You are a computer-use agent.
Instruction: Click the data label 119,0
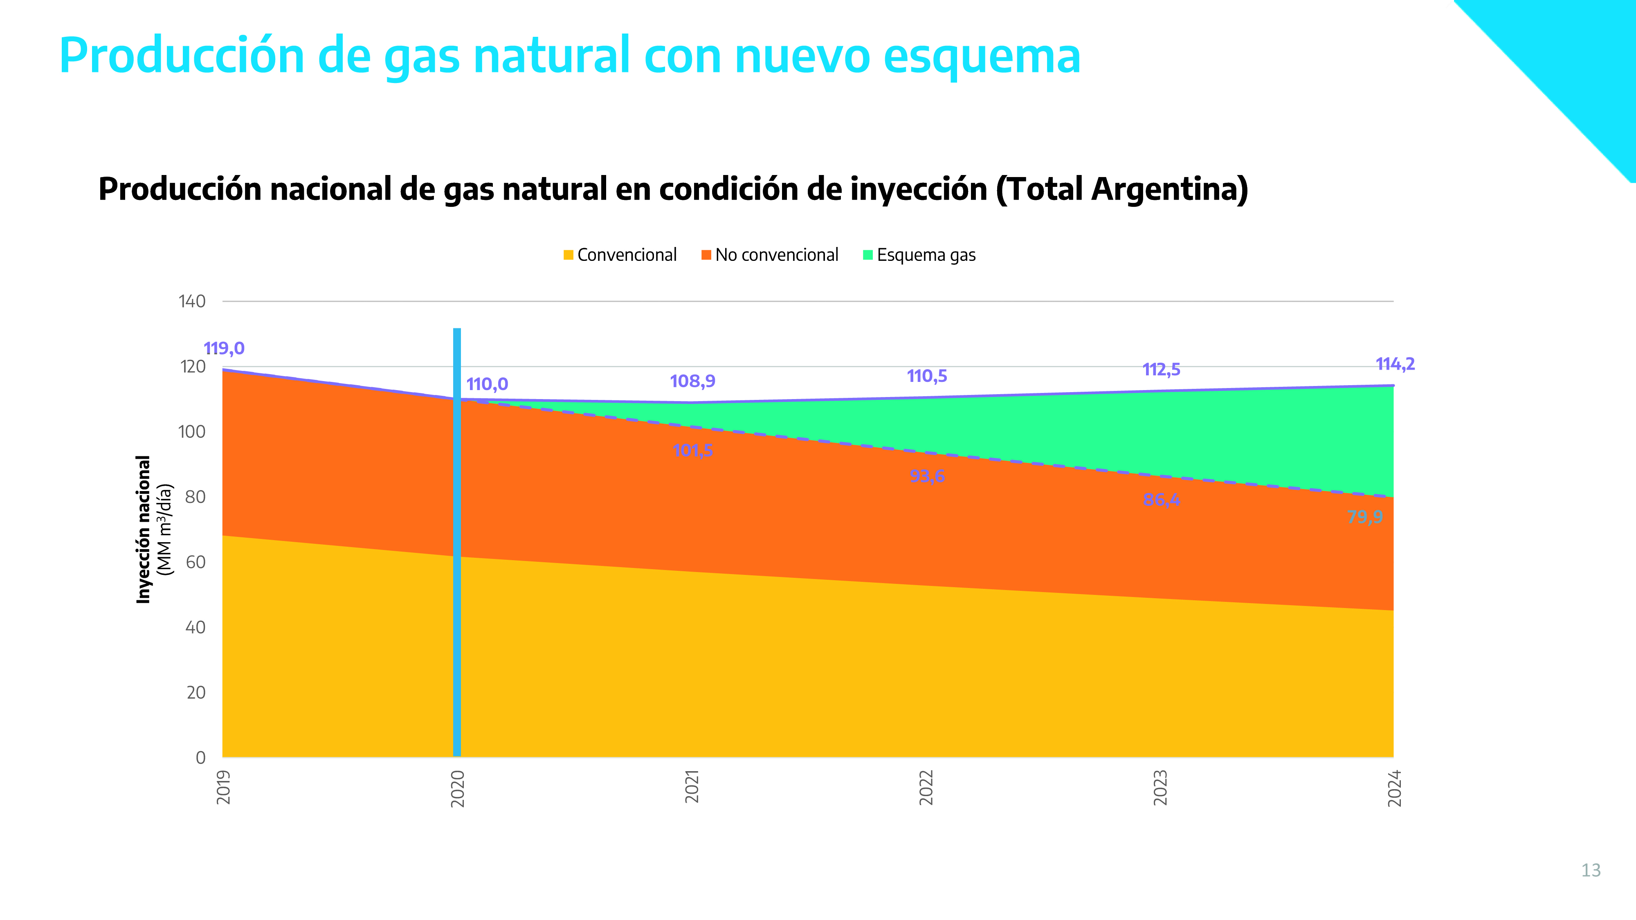[x=224, y=348]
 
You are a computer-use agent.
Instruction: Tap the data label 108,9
[x=692, y=381]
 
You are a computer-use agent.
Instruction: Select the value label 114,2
[x=1395, y=364]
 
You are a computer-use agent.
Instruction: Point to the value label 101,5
[x=692, y=450]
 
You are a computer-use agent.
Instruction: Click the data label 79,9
[x=1365, y=517]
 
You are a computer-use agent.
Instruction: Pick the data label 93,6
[x=927, y=476]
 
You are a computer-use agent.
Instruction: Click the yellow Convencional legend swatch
[x=569, y=255]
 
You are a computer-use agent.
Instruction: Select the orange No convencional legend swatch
[x=706, y=255]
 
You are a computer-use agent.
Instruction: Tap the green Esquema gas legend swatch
[x=868, y=255]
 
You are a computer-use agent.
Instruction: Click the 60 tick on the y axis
[x=196, y=562]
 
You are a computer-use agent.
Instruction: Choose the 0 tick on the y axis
[x=201, y=757]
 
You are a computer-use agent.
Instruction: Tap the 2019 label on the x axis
[x=224, y=787]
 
